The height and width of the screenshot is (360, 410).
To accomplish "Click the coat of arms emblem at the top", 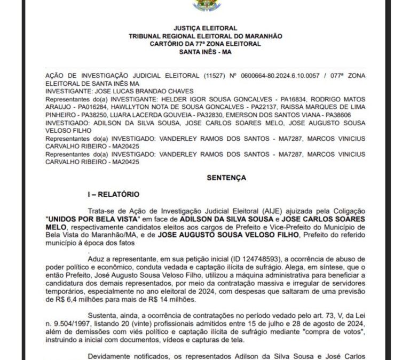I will [x=205, y=5].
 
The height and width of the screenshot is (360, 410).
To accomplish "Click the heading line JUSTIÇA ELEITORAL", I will [x=205, y=28].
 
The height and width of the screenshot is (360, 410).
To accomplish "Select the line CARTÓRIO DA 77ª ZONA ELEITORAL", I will [x=205, y=43].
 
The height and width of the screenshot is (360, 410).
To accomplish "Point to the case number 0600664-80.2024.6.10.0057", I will [x=267, y=77].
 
